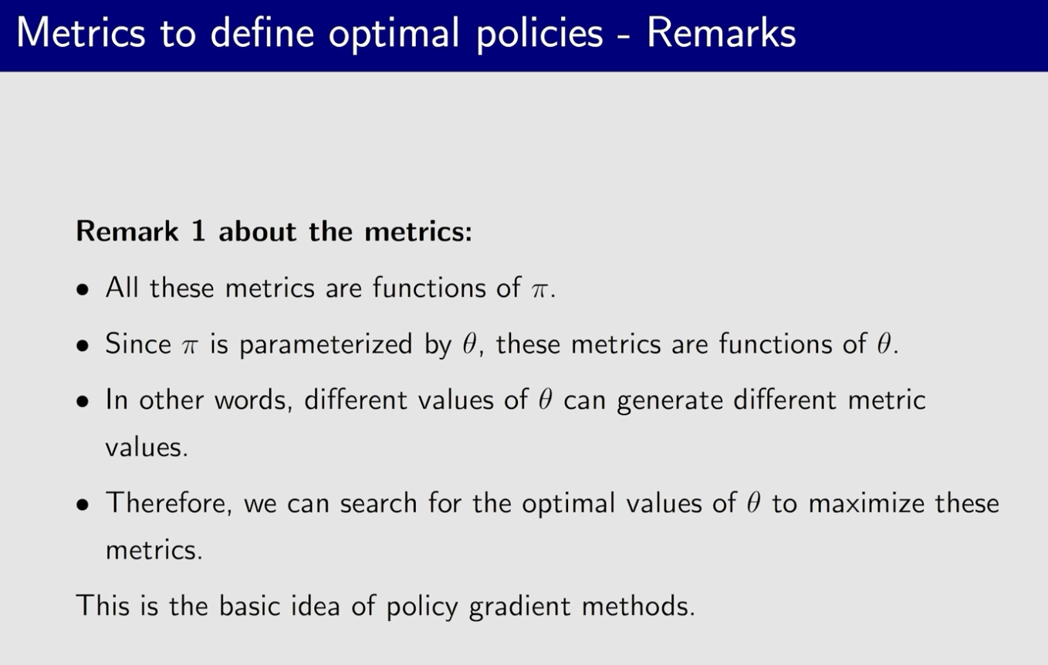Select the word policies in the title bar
(x=539, y=35)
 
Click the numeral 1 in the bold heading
(x=198, y=231)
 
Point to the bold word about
(x=257, y=231)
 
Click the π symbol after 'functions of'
(x=539, y=290)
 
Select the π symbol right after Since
(x=190, y=347)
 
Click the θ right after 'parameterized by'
(x=469, y=344)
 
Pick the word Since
(x=138, y=344)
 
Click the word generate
(x=670, y=402)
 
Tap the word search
(x=378, y=503)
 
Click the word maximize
(x=867, y=504)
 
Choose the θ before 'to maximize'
(x=753, y=503)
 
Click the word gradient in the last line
(x=519, y=608)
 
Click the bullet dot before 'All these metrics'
(x=83, y=290)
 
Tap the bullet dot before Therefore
(x=83, y=505)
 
